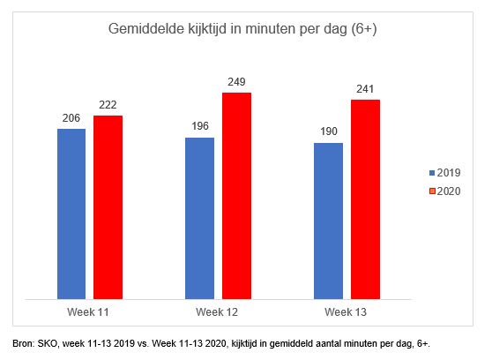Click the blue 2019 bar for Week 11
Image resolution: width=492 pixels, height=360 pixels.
pos(71,214)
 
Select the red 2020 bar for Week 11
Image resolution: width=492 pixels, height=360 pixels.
pos(108,207)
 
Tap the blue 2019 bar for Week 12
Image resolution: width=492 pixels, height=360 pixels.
pos(199,218)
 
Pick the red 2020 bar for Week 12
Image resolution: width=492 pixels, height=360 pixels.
pos(236,196)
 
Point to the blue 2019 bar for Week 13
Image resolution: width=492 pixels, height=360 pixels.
pos(328,221)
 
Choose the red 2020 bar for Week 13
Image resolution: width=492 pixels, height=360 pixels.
pos(365,199)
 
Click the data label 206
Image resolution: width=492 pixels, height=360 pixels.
pos(71,118)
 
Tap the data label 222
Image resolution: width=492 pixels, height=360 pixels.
pos(108,105)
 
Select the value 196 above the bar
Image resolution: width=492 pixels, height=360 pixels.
pos(200,126)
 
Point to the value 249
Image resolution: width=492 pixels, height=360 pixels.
pos(236,82)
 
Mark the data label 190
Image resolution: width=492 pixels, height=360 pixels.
pos(329,131)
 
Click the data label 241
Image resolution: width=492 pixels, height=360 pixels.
pos(365,89)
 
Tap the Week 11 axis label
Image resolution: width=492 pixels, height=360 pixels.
pos(88,312)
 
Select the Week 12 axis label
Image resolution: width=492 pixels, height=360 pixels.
pos(217,312)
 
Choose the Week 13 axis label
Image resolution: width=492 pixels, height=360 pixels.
pos(346,312)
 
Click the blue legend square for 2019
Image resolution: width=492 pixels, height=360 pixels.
pos(432,173)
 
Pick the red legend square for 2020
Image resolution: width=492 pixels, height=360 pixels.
pos(432,191)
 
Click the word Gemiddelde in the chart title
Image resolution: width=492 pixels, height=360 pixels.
pos(146,28)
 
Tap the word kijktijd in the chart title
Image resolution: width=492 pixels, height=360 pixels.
pos(207,29)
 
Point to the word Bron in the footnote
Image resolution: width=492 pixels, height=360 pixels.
pos(24,343)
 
